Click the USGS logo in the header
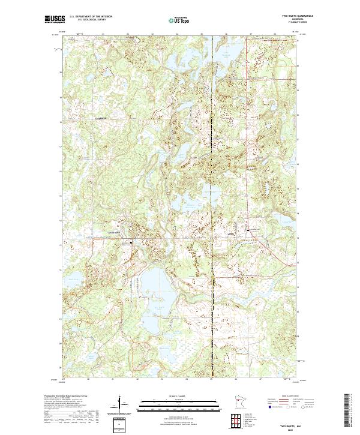click(x=53, y=19)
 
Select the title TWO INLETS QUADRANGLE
click(x=288, y=17)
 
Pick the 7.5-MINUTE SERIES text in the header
click(x=288, y=24)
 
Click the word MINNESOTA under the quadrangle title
click(x=288, y=20)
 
